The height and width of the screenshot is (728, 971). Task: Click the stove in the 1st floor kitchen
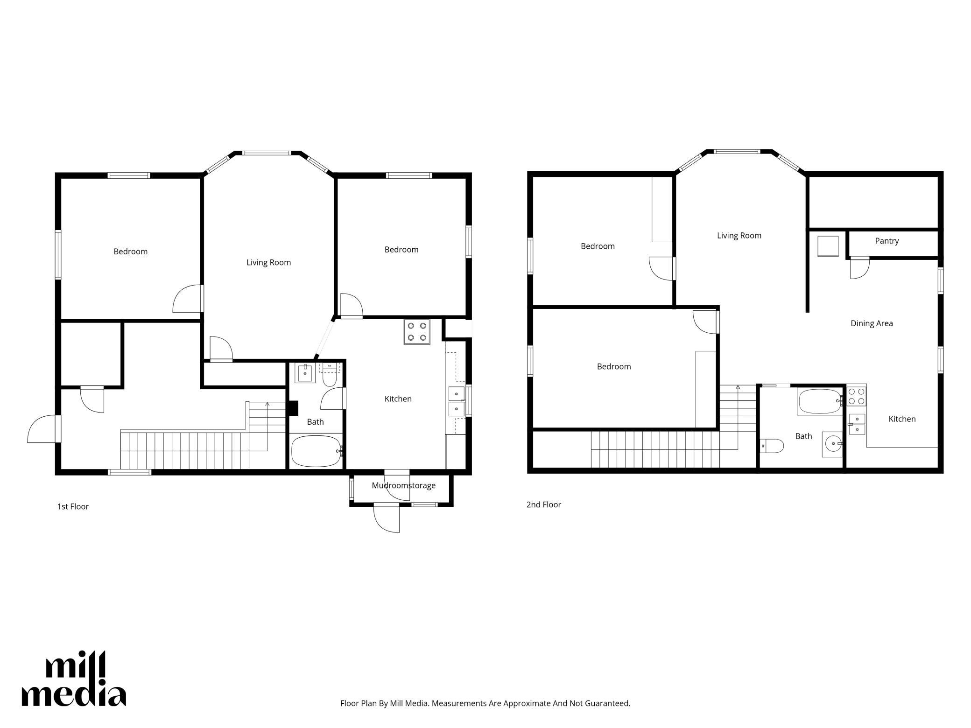(417, 332)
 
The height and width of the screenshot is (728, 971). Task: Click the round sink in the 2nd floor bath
(832, 444)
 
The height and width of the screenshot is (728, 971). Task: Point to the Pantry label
(887, 241)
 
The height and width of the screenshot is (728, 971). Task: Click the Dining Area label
(872, 323)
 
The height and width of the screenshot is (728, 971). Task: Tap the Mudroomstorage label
(403, 485)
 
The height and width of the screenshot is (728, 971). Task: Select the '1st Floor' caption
(73, 506)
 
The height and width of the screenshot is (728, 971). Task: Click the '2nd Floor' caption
(543, 504)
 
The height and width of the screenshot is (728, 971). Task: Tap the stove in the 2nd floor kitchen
(857, 396)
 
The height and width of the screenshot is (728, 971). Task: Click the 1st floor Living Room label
(268, 262)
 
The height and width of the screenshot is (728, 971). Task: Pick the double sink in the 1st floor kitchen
(457, 401)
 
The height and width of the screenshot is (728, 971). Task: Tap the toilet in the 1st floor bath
(330, 376)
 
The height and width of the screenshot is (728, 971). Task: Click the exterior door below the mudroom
(387, 518)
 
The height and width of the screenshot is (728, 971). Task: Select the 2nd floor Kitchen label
(902, 419)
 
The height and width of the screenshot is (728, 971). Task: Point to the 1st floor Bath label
(315, 422)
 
